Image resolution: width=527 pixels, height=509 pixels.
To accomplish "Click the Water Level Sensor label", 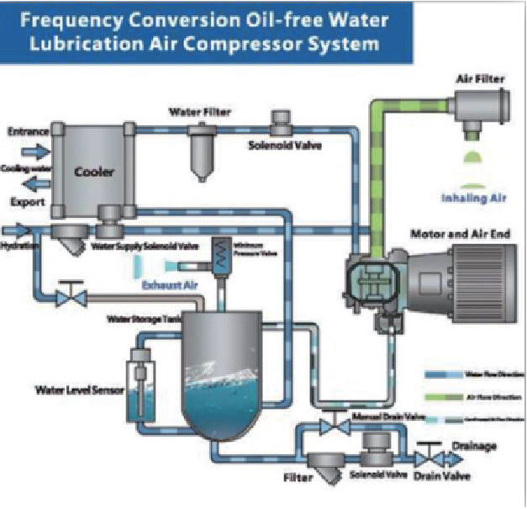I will [75, 390].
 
